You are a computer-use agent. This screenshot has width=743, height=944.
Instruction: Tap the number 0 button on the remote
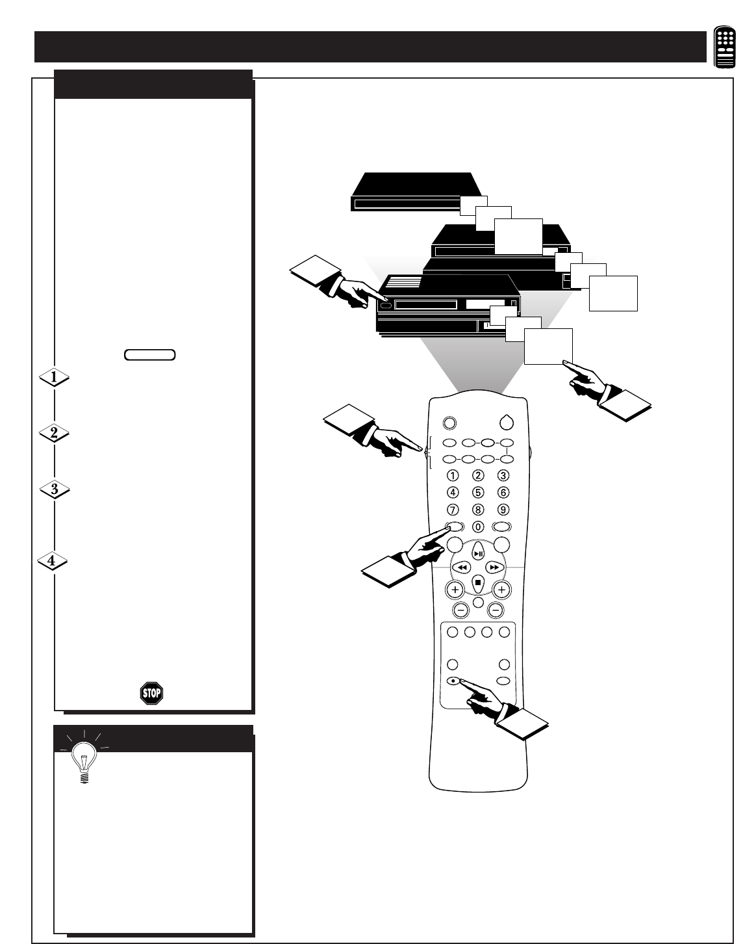(x=478, y=527)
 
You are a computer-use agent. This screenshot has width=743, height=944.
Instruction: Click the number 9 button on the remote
(x=503, y=510)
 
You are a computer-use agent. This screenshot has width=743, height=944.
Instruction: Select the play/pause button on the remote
(x=478, y=553)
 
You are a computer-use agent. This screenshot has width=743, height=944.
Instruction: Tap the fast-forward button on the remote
(x=494, y=568)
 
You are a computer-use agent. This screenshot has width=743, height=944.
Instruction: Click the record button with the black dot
(x=453, y=681)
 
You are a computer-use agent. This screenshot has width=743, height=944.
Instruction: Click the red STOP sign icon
(x=151, y=693)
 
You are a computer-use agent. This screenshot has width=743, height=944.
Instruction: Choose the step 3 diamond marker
(x=55, y=490)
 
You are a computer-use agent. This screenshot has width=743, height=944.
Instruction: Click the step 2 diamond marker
(x=55, y=434)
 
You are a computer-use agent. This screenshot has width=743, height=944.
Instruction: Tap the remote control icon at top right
(x=725, y=47)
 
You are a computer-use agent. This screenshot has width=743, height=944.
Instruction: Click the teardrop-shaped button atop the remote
(x=507, y=422)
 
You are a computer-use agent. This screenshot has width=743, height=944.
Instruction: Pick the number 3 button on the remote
(x=503, y=475)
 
